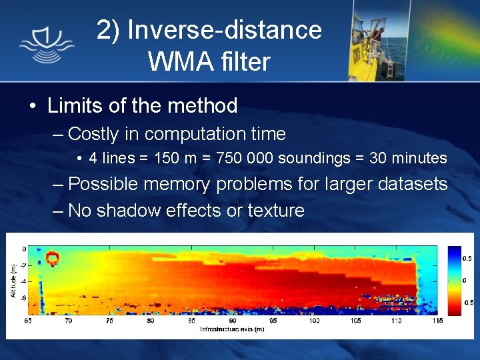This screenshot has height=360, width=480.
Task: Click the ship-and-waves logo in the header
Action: [x=46, y=41]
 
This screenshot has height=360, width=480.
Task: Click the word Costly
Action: [x=94, y=134]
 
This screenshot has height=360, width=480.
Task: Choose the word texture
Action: [x=275, y=211]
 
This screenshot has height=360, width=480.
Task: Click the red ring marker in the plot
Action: [x=52, y=257]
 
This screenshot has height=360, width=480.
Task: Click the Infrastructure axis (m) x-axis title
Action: [x=231, y=329]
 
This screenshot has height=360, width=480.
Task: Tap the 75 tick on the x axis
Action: [x=109, y=321]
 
